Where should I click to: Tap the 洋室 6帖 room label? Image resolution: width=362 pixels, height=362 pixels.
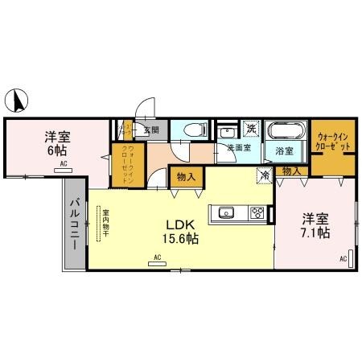(x=56, y=142)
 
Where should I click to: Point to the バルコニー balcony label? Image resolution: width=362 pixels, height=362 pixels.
(x=72, y=224)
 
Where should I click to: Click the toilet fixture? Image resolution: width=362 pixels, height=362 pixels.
(x=194, y=131)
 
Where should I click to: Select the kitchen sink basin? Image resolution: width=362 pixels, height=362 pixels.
(x=223, y=214)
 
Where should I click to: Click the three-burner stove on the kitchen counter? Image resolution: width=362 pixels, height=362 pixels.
(x=257, y=214)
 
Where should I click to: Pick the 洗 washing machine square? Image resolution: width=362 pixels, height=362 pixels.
(x=251, y=129)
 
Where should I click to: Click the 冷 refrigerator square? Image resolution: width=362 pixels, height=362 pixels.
(x=263, y=173)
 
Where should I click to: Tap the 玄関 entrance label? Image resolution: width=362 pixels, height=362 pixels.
(x=150, y=130)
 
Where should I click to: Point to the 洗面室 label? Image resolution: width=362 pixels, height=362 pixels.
(x=238, y=148)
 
